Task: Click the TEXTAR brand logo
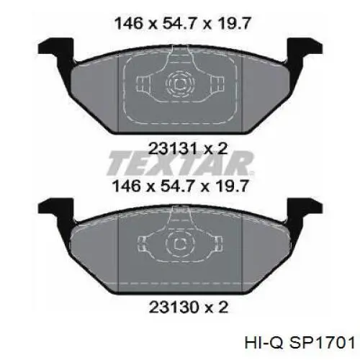(x=180, y=165)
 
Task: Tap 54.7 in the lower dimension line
(x=180, y=186)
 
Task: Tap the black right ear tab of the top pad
(x=303, y=51)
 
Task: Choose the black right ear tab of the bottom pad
(x=303, y=210)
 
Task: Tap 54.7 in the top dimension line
(x=180, y=24)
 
